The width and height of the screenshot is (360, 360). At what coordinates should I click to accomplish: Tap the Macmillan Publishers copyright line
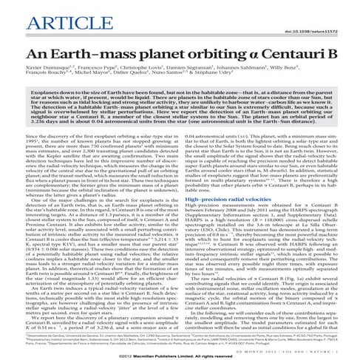(x=180, y=353)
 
